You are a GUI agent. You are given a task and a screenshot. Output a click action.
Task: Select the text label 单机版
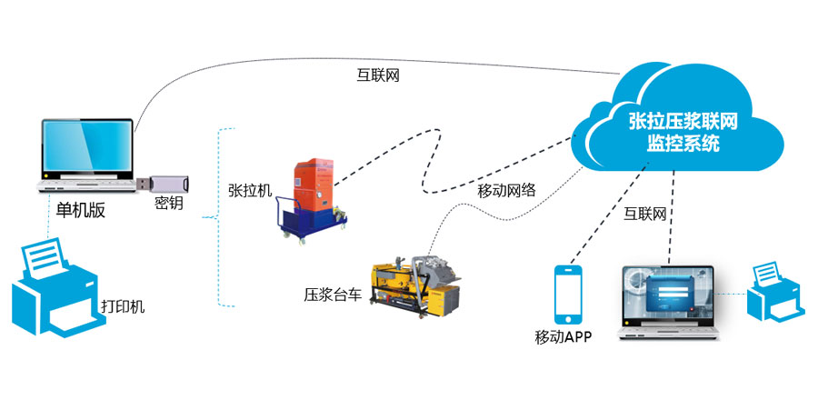81,210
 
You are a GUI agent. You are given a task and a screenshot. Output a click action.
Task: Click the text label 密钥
169,204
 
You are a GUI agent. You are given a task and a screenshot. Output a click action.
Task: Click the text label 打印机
123,306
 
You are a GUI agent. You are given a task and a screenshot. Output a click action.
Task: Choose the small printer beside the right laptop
775,292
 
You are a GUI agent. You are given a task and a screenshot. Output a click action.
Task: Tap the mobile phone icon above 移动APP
570,295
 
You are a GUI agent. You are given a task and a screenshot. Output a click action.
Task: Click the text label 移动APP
564,338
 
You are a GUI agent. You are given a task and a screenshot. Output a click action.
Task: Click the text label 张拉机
250,192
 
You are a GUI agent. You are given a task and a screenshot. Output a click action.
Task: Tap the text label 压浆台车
334,295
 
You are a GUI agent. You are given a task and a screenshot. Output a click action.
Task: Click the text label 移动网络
506,190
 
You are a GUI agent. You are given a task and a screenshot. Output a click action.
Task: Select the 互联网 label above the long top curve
377,76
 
